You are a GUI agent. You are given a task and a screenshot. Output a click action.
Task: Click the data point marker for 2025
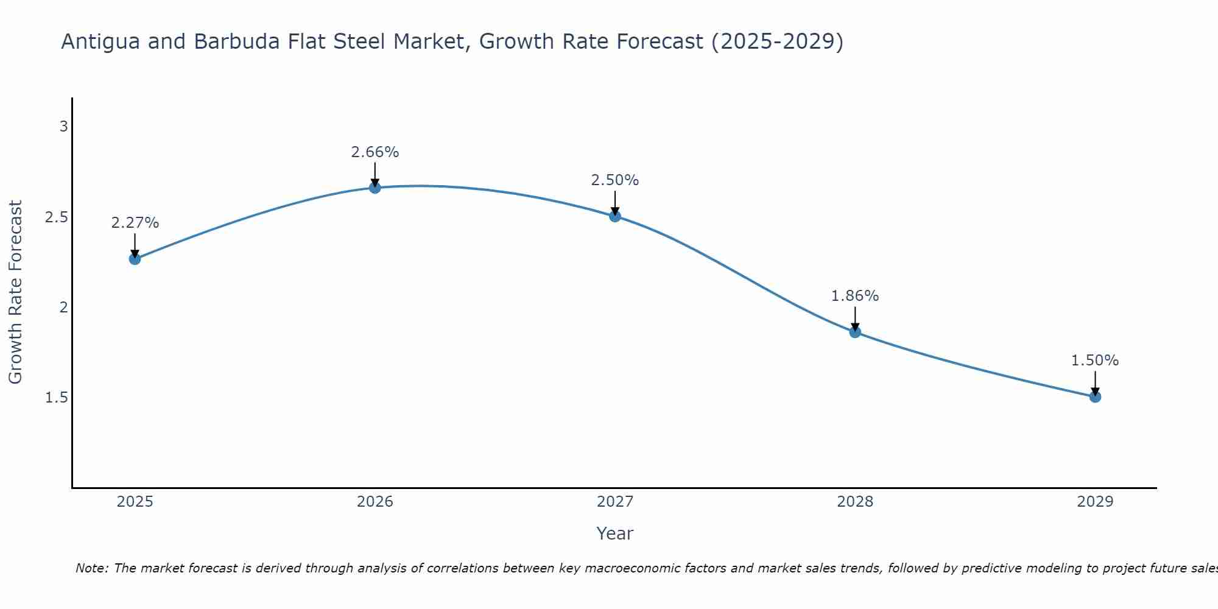[x=135, y=259]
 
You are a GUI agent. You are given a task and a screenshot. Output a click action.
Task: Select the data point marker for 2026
[x=375, y=188]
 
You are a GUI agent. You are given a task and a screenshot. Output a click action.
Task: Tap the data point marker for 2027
[x=615, y=216]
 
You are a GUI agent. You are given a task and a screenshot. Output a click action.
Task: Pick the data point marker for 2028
[x=855, y=332]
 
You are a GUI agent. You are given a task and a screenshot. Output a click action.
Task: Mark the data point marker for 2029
[x=1095, y=396]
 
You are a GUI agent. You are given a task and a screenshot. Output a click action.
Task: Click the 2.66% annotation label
[x=375, y=152]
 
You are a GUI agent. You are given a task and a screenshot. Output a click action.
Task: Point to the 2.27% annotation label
[x=135, y=223]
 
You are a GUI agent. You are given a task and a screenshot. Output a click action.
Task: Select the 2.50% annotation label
[x=615, y=180]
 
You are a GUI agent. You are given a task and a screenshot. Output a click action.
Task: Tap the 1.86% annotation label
[x=855, y=296]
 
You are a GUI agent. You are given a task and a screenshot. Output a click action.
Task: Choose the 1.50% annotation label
[x=1095, y=361]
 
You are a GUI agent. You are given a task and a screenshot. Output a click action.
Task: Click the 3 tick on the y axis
[x=63, y=127]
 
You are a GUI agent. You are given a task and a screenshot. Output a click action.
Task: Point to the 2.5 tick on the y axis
[x=57, y=217]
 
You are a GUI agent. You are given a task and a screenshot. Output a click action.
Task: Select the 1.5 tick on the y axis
[x=57, y=398]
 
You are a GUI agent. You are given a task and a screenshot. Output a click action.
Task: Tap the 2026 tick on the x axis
[x=375, y=502]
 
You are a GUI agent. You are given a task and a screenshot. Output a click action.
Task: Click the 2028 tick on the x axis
[x=855, y=502]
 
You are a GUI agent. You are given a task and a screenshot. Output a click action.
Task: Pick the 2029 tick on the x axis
[x=1095, y=502]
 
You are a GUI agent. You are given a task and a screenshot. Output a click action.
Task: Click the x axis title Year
[x=615, y=533]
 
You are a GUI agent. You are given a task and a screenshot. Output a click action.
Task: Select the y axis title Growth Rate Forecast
[x=16, y=292]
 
